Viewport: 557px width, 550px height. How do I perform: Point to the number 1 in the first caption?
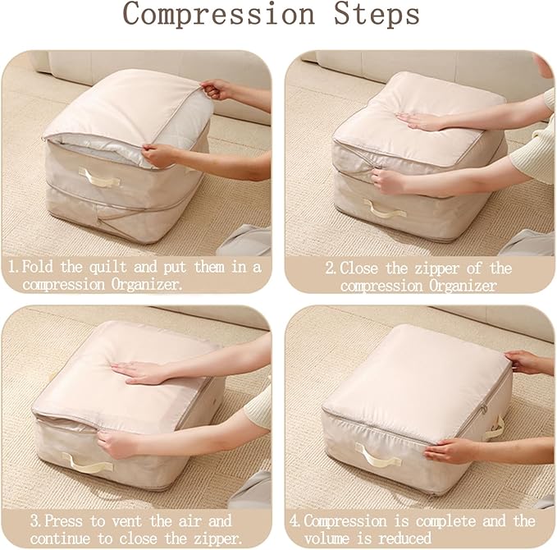(x=12, y=267)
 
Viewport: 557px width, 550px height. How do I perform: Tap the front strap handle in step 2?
(x=385, y=208)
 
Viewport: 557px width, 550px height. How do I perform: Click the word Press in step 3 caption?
(x=63, y=520)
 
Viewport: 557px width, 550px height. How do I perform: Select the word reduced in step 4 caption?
(x=404, y=538)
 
